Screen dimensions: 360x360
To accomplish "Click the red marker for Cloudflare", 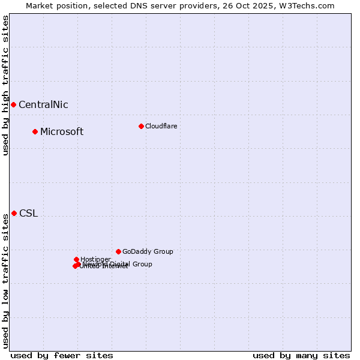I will [x=141, y=126].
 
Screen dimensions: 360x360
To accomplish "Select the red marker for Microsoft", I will [x=35, y=131].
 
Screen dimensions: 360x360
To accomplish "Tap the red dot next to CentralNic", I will [x=13, y=104].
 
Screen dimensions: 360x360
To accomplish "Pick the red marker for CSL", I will [x=14, y=213].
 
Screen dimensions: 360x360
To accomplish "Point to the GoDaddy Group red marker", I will [x=118, y=251].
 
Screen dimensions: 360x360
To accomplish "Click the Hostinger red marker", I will [x=76, y=259].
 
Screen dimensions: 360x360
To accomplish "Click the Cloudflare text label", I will [x=161, y=126].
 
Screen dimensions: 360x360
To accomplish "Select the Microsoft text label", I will [x=62, y=132].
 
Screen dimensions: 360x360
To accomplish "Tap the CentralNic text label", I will [x=43, y=105].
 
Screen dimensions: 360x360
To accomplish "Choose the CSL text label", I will [x=28, y=214].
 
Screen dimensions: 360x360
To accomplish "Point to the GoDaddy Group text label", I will [x=148, y=252].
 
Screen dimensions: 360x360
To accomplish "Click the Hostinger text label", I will [x=95, y=259].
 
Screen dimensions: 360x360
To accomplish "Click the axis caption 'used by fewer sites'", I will [x=62, y=355].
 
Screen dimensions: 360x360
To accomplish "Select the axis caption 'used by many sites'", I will [x=301, y=355].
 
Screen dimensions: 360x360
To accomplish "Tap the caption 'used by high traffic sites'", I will [x=5, y=85].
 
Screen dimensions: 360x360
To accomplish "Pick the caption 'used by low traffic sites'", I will [x=5, y=281].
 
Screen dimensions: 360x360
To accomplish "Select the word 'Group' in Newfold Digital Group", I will [x=142, y=264].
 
